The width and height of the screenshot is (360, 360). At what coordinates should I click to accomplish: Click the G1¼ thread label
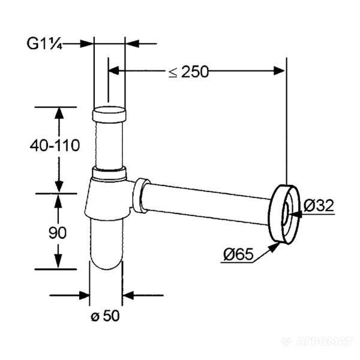(44, 43)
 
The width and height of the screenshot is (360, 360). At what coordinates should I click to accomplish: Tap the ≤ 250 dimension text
(188, 72)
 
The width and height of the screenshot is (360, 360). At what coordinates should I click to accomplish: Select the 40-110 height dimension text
(55, 145)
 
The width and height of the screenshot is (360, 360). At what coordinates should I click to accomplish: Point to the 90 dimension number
(58, 233)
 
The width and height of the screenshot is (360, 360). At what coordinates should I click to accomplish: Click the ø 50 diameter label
(106, 316)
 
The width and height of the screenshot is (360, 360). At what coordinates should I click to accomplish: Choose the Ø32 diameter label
(319, 205)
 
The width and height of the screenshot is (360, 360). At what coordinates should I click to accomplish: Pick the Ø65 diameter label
(238, 254)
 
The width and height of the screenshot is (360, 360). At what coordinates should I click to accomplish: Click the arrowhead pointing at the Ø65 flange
(274, 247)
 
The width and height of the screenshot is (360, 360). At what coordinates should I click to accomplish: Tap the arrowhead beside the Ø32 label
(295, 214)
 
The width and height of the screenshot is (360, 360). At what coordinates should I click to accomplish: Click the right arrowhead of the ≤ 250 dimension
(279, 71)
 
